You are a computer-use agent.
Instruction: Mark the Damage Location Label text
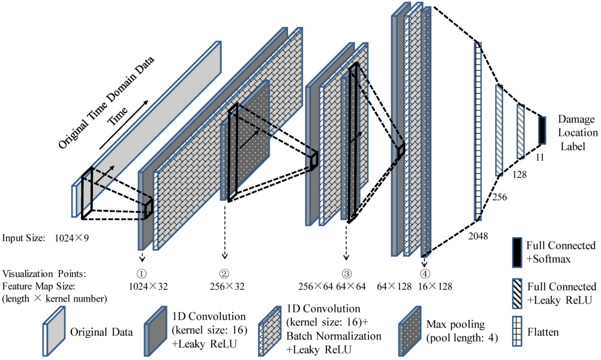pyautogui.click(x=577, y=133)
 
